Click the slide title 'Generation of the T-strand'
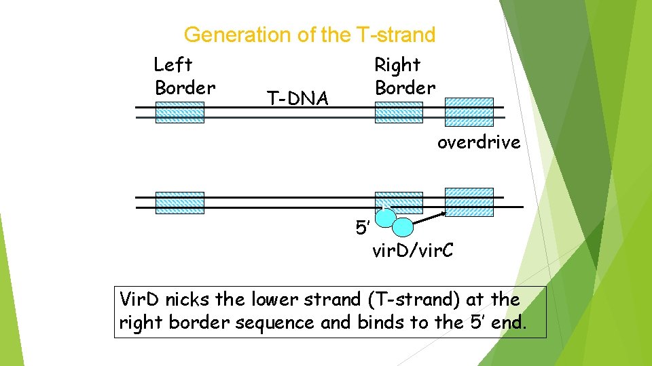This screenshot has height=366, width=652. (309, 34)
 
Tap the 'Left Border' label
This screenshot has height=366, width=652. (184, 77)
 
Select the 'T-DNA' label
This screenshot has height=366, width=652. (297, 100)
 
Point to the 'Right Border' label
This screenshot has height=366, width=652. (405, 77)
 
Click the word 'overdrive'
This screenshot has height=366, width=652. (479, 142)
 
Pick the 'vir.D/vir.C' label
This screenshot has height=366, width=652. (413, 251)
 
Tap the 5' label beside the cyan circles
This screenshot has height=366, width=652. (363, 227)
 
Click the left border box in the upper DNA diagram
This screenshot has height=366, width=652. (179, 113)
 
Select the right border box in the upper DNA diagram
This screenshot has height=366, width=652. (399, 113)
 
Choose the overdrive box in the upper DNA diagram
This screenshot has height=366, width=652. (469, 112)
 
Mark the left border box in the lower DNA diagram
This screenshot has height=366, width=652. (179, 203)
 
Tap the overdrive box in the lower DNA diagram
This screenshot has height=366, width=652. (469, 202)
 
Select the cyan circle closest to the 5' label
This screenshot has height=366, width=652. (386, 218)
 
